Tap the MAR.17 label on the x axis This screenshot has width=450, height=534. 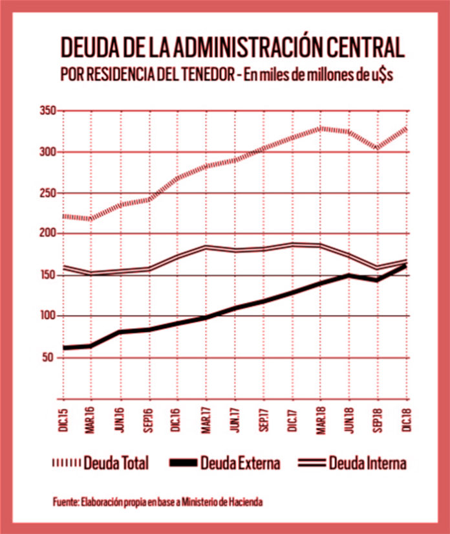[206, 419]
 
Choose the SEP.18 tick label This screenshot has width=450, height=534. [380, 419]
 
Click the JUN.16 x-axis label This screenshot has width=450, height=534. [120, 419]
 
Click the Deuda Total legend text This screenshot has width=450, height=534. [117, 463]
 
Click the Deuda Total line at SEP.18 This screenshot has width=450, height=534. [378, 147]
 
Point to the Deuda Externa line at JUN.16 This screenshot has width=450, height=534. [120, 332]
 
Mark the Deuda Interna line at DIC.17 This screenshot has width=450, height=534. [293, 244]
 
